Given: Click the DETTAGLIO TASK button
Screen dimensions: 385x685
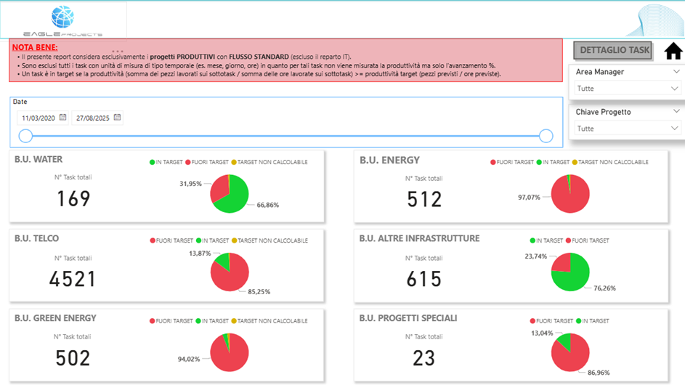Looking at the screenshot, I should point(614,50).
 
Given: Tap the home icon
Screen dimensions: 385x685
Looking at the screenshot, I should point(673,51).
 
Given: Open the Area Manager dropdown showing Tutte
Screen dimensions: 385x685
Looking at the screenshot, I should point(627,89).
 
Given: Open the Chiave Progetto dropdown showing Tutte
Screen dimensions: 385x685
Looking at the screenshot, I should point(627,129).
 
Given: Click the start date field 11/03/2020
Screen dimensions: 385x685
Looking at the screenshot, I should point(42,118).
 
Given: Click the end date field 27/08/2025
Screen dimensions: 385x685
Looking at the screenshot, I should point(96,118).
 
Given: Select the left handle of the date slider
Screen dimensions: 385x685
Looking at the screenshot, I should point(25,136).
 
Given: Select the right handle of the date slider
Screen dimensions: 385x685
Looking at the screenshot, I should point(546,136).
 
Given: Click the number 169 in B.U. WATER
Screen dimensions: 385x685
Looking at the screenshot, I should point(73,198).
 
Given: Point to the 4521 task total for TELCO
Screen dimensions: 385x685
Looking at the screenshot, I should point(73,278).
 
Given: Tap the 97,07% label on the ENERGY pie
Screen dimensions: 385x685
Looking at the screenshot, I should point(529,197).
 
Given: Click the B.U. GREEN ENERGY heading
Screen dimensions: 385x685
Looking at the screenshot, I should point(55,318).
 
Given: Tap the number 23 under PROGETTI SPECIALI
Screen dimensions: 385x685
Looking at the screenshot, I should point(423,357).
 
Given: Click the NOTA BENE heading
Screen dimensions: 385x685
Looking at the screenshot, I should point(35,46).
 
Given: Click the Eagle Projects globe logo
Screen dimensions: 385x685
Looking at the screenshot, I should point(63,17).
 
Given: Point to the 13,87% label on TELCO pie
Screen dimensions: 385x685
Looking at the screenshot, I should point(200,253).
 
